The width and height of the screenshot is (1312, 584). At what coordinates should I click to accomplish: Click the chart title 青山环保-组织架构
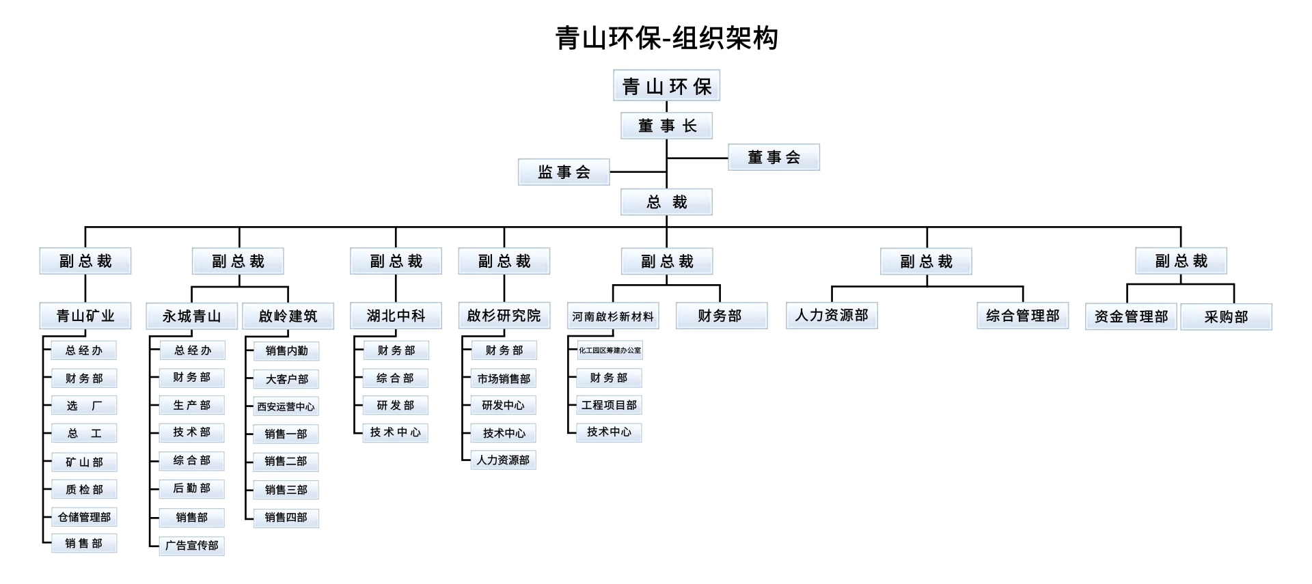tap(666, 38)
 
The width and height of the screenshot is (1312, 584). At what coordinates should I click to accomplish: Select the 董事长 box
tap(666, 126)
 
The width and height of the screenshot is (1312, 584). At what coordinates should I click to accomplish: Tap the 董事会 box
tap(774, 157)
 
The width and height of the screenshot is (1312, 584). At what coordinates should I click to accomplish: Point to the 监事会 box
tap(564, 172)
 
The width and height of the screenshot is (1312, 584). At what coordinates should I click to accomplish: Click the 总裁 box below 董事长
tap(666, 202)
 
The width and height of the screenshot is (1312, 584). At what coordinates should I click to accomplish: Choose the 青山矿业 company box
tap(85, 316)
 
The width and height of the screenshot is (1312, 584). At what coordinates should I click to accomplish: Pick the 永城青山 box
tap(191, 316)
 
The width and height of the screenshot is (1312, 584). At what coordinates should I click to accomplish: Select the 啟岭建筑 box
tap(288, 316)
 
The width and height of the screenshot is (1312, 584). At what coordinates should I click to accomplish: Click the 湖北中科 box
tap(396, 316)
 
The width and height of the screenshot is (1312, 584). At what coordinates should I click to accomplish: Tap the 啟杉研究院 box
tap(504, 316)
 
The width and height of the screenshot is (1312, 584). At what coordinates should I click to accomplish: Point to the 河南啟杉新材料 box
tap(613, 316)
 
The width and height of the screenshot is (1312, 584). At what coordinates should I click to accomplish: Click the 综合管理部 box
tap(1022, 316)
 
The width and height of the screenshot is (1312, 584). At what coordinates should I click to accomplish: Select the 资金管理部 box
tap(1131, 317)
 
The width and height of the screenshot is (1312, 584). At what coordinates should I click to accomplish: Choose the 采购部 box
tap(1226, 317)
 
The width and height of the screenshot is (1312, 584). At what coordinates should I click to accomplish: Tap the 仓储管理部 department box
tap(84, 517)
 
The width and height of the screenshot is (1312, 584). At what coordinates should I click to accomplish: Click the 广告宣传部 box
tap(191, 545)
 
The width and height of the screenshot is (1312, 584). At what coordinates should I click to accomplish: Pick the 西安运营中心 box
tap(286, 406)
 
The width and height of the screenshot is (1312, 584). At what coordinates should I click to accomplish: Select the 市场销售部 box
tap(504, 378)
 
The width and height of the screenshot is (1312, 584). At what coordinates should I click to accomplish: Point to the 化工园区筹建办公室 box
tap(610, 350)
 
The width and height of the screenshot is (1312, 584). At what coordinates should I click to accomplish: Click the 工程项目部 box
tap(609, 405)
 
